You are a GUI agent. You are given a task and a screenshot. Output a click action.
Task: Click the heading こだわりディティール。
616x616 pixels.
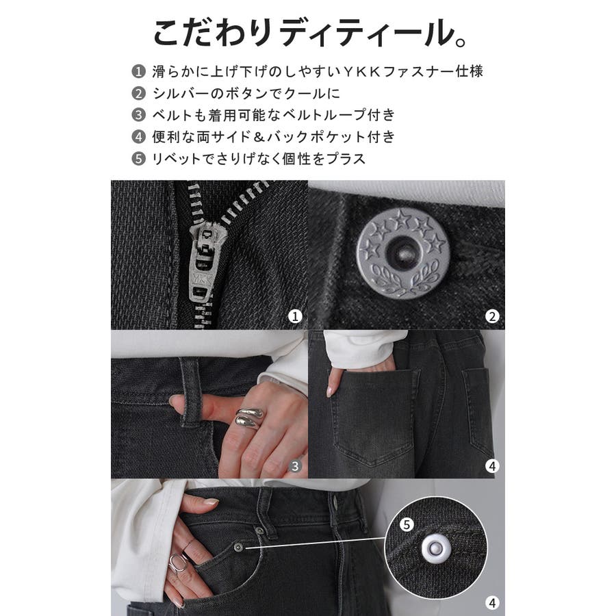pyautogui.click(x=309, y=33)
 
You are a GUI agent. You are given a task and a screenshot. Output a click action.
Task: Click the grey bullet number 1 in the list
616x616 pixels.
pyautogui.click(x=138, y=72)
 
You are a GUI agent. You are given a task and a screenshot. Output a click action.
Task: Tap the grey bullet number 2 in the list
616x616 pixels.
pyautogui.click(x=138, y=94)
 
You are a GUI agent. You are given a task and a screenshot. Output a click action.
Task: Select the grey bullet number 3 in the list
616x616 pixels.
pyautogui.click(x=138, y=115)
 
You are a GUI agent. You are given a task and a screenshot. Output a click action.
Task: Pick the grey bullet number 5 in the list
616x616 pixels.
pyautogui.click(x=138, y=159)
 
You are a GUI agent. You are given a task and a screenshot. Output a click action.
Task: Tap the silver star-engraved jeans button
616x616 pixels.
pyautogui.click(x=402, y=253)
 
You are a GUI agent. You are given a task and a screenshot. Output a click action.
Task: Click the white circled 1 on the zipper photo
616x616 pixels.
pyautogui.click(x=295, y=316)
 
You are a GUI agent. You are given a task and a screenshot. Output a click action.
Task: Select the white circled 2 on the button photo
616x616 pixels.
pyautogui.click(x=492, y=316)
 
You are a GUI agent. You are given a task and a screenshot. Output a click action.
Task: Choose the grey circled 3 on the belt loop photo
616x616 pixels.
pyautogui.click(x=295, y=466)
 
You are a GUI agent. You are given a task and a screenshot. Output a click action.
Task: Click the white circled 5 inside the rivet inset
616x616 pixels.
pyautogui.click(x=407, y=524)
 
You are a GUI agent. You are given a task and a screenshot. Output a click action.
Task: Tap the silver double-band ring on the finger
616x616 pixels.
pyautogui.click(x=250, y=417)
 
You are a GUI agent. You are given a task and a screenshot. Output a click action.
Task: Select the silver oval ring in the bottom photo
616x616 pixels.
pyautogui.click(x=177, y=563)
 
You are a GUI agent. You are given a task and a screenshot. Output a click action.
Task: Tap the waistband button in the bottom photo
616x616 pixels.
pyautogui.click(x=335, y=500)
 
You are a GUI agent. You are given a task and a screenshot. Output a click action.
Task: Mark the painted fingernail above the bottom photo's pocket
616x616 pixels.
pyautogui.click(x=211, y=502)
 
